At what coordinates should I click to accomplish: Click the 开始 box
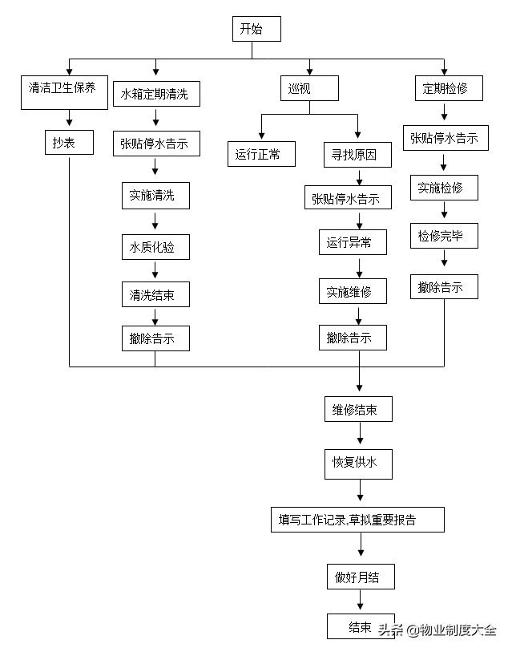256,29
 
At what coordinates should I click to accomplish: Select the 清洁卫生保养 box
64,92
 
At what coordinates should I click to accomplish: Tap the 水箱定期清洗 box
156,94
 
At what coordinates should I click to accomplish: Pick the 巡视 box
309,88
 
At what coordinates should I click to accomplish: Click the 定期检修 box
449,88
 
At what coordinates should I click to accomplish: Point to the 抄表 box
70,143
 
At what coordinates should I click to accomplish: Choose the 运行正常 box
261,154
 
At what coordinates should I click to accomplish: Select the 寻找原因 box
357,155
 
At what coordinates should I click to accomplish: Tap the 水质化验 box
155,247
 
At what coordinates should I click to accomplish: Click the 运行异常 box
353,242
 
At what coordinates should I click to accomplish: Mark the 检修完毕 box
444,236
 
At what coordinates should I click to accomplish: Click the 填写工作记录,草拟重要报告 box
357,520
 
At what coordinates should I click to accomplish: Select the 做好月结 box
361,577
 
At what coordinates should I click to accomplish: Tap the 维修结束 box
358,409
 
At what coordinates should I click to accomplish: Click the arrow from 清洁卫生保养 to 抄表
70,118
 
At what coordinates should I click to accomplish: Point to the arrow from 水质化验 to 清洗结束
155,269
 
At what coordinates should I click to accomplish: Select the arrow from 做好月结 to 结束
361,599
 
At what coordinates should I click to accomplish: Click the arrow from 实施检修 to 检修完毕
445,209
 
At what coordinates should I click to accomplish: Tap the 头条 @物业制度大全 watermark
437,630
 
